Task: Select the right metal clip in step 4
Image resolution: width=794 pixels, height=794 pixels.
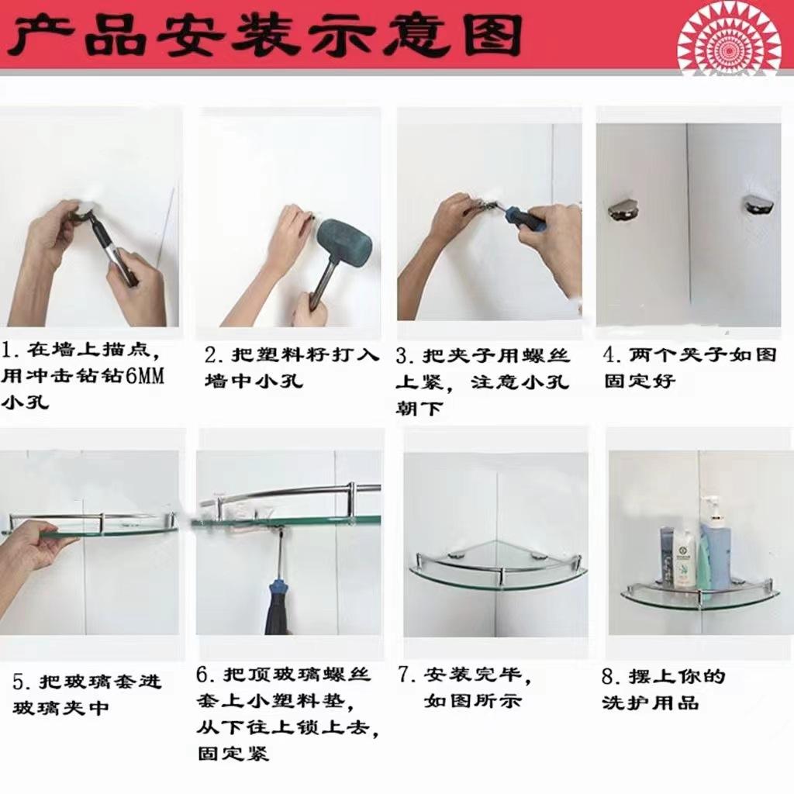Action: click(x=756, y=204)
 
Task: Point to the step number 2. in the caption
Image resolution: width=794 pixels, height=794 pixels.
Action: click(x=212, y=355)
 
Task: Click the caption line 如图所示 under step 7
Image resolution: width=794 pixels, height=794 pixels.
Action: click(x=472, y=702)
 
